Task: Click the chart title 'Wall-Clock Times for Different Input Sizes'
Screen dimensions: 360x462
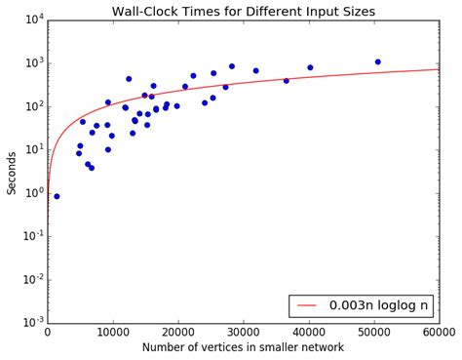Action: click(243, 11)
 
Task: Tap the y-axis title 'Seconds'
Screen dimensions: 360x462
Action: click(12, 172)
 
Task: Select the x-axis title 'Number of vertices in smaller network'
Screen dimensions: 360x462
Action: click(243, 347)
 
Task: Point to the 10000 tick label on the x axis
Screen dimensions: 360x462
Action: click(113, 332)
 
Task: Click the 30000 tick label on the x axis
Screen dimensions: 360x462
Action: click(244, 332)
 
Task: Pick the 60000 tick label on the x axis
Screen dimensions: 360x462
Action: click(439, 332)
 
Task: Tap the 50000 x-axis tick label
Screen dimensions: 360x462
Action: click(374, 332)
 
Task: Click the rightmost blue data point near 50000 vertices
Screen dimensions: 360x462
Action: click(377, 61)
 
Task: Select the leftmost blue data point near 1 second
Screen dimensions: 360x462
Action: click(57, 196)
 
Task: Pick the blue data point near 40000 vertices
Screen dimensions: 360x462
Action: click(310, 67)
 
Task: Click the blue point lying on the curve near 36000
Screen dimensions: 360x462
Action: click(286, 81)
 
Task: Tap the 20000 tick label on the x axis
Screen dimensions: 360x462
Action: click(178, 332)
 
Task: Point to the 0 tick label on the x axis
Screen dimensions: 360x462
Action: click(48, 332)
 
